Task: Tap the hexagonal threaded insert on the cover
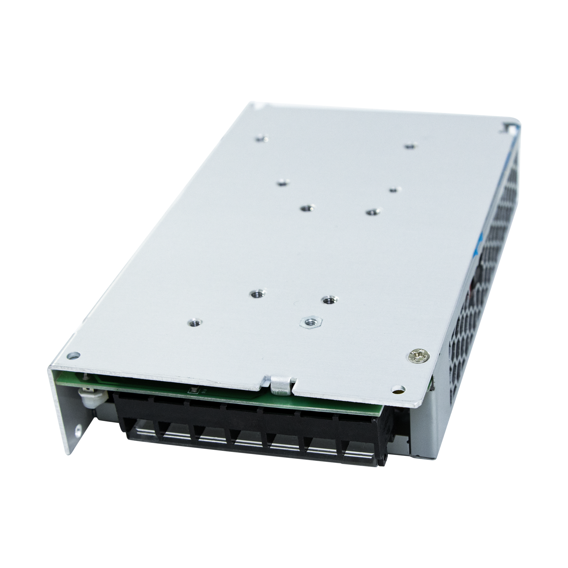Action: [311, 322]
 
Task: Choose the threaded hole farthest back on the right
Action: [410, 146]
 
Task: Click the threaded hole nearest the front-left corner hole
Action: [194, 323]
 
